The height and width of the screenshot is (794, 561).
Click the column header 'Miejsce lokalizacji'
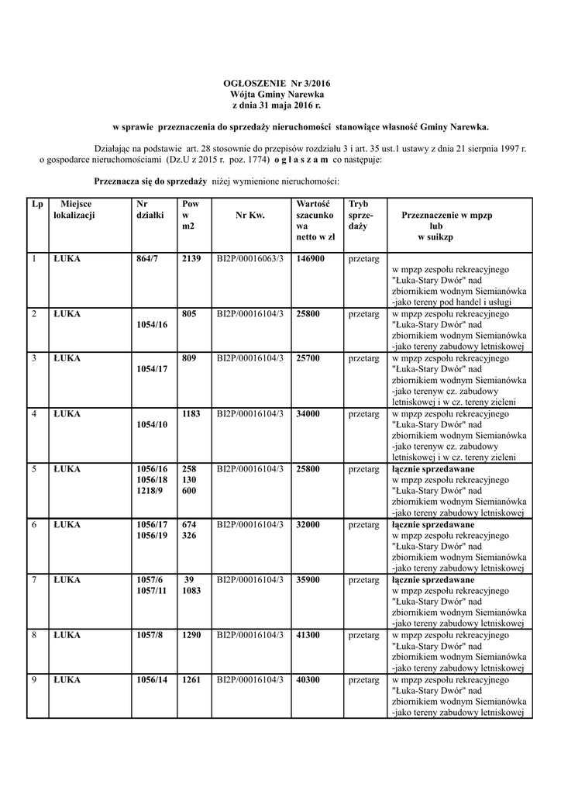pyautogui.click(x=74, y=209)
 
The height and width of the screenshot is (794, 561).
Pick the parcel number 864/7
pyautogui.click(x=146, y=258)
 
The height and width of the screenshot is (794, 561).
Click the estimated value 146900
pyautogui.click(x=310, y=258)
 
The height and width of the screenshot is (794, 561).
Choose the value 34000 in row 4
pyautogui.click(x=309, y=414)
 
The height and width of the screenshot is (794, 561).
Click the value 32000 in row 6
pyautogui.click(x=309, y=525)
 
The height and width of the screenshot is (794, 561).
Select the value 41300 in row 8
pyautogui.click(x=309, y=635)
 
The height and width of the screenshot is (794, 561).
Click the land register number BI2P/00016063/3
pyautogui.click(x=250, y=258)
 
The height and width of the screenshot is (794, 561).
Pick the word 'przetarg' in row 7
pyautogui.click(x=363, y=580)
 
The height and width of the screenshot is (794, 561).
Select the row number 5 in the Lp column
pyautogui.click(x=34, y=469)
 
